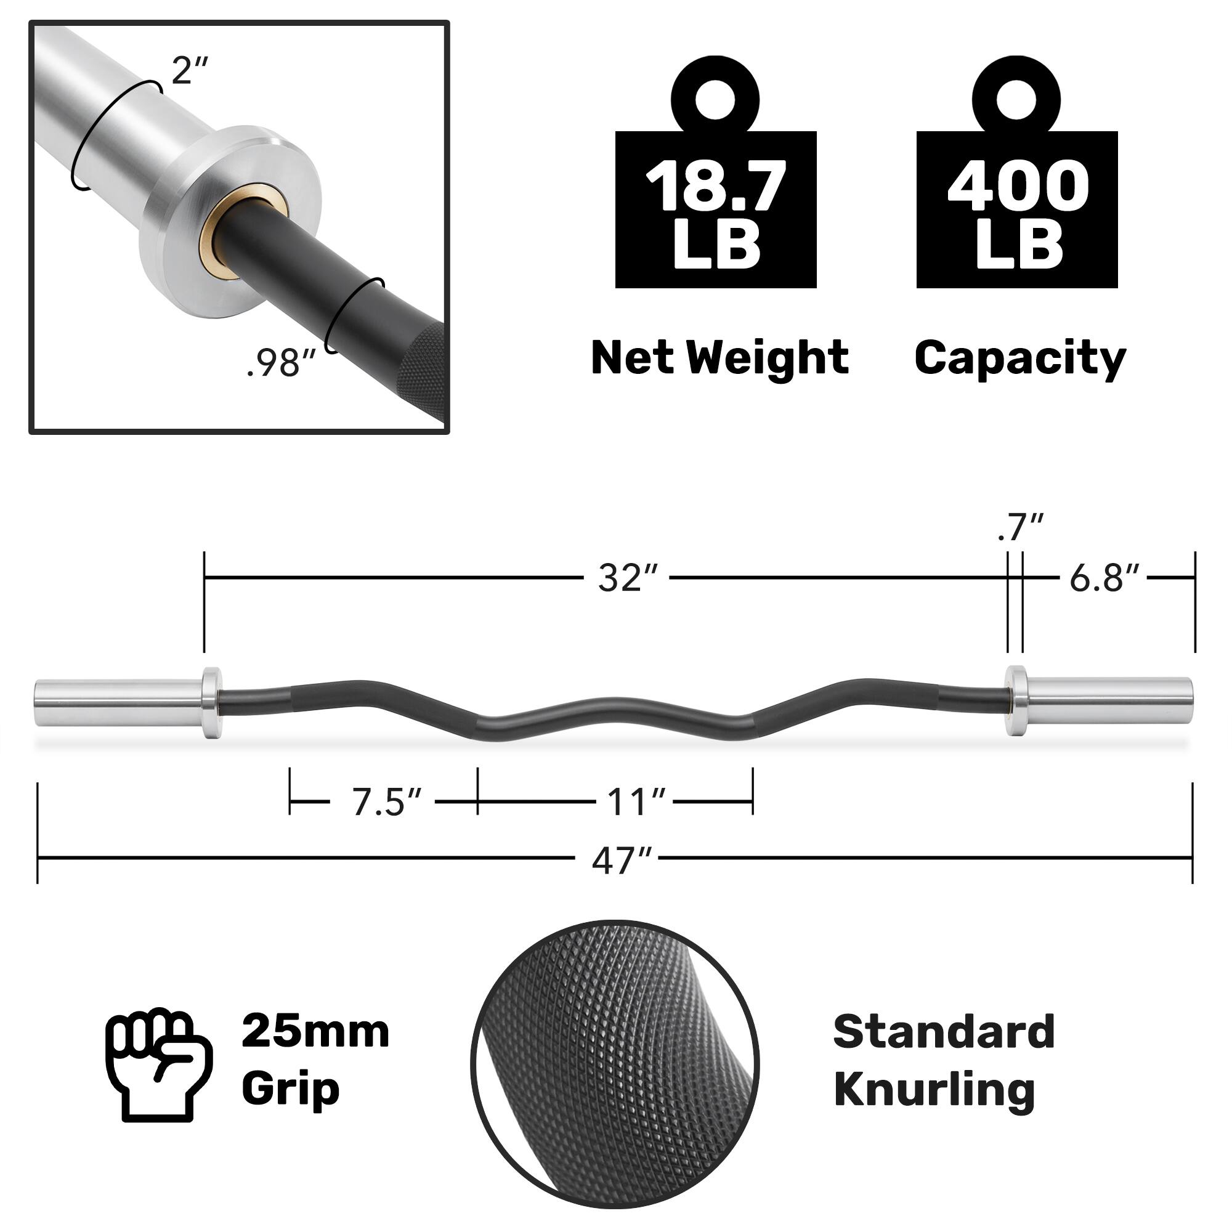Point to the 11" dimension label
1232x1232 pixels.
(634, 802)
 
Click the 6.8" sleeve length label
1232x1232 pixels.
(1103, 578)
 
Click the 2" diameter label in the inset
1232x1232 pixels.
(190, 70)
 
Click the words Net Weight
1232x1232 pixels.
(720, 358)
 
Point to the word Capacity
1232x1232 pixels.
(1019, 359)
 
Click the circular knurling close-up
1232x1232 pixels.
(615, 1064)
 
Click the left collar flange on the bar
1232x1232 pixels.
(212, 703)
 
